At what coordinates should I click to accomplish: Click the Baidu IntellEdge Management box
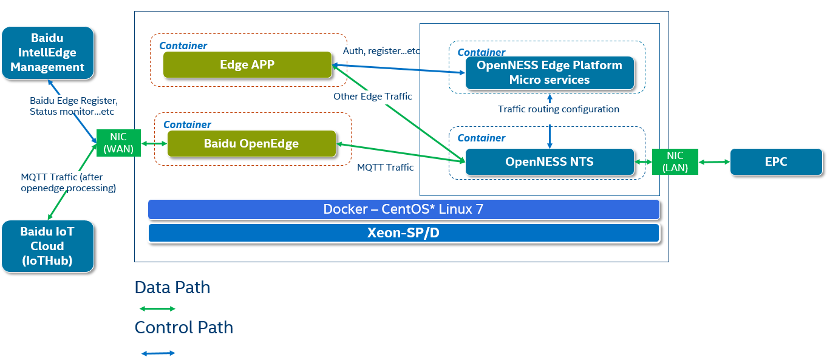48,53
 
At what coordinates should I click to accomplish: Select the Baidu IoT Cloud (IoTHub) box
47,246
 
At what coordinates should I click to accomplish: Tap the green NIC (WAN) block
118,143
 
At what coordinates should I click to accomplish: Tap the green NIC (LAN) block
675,161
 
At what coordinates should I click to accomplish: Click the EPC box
776,161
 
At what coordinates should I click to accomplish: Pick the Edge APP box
247,64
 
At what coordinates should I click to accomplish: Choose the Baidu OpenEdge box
251,144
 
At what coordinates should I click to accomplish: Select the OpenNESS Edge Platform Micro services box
549,73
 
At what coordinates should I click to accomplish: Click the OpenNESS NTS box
549,162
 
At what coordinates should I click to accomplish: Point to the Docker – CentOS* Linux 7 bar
404,209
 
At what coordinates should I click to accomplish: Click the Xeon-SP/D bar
404,233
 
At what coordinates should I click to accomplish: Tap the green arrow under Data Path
157,309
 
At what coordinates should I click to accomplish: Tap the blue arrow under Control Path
158,353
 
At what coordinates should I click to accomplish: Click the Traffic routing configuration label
559,109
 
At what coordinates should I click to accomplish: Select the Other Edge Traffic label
372,97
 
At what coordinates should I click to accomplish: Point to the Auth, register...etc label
381,51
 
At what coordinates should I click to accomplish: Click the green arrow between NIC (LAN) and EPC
714,161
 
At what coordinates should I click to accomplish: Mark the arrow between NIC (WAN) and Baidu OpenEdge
154,144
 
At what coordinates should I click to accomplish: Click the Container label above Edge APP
183,46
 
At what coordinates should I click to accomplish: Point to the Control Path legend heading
183,328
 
